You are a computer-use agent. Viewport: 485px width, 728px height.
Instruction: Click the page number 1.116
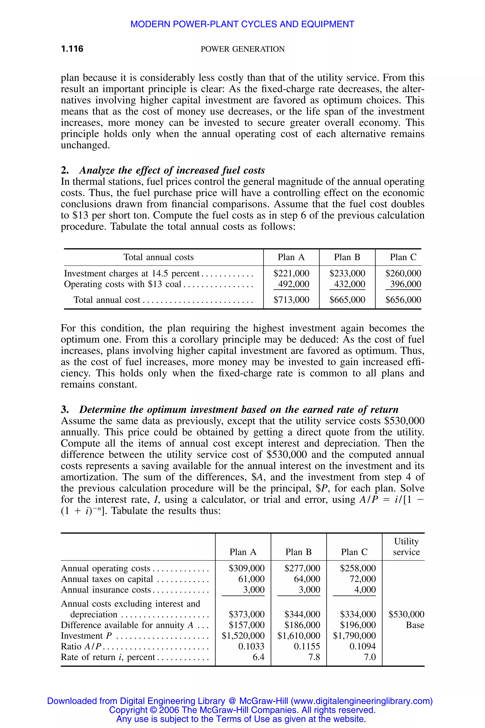tap(72, 49)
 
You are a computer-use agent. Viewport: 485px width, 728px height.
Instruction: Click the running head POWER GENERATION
tap(242, 49)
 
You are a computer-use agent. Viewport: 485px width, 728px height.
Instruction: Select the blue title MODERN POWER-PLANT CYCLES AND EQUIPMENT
tap(242, 24)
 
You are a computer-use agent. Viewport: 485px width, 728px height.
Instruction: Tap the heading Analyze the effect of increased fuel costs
tap(172, 170)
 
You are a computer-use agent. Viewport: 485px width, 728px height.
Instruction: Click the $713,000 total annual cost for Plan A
tap(291, 300)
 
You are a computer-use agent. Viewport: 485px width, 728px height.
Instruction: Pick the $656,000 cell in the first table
tap(403, 300)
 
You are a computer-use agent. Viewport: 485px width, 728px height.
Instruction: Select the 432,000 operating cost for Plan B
tap(349, 284)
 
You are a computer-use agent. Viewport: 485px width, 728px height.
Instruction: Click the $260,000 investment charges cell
tap(403, 273)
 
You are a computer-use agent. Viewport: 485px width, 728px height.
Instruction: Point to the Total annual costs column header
tap(158, 257)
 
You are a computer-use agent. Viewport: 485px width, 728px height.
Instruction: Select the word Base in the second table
tap(415, 625)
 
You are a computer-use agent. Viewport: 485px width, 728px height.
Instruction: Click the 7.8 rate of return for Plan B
tap(314, 657)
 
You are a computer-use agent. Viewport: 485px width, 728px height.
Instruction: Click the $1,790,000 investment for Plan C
tap(354, 635)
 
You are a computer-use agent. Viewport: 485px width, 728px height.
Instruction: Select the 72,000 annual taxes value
tap(363, 579)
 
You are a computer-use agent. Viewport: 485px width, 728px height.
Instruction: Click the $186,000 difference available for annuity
tap(302, 625)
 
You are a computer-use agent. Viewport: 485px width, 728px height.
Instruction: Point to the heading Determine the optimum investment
tap(238, 409)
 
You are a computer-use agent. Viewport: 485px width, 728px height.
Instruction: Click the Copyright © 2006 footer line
tap(242, 710)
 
